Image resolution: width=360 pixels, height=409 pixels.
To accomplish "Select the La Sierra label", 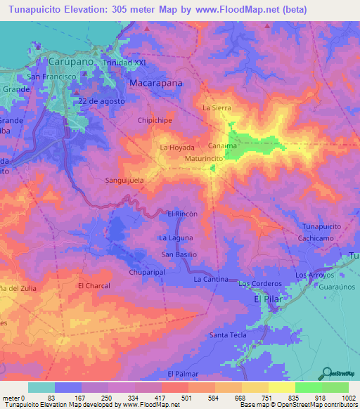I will pyautogui.click(x=216, y=108).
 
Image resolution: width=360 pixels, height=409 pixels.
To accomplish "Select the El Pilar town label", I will pyautogui.click(x=266, y=300).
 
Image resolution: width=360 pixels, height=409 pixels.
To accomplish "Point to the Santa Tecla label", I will pyautogui.click(x=228, y=335).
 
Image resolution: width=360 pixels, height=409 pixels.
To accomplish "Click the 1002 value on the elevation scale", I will pyautogui.click(x=349, y=398).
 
